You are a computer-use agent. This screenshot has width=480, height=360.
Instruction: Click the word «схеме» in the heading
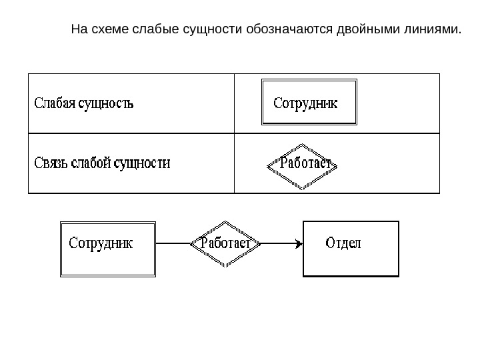(x=106, y=29)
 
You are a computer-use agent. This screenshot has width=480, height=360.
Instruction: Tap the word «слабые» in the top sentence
(x=151, y=29)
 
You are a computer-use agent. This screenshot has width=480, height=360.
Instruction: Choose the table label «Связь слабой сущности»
(x=102, y=162)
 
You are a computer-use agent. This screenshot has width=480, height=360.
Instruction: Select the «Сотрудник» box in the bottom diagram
(x=107, y=249)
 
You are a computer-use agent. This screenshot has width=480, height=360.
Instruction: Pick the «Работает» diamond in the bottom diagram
(x=225, y=244)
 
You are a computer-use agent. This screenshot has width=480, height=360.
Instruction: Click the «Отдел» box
(x=351, y=248)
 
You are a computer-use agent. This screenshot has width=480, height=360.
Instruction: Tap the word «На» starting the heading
(x=79, y=29)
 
